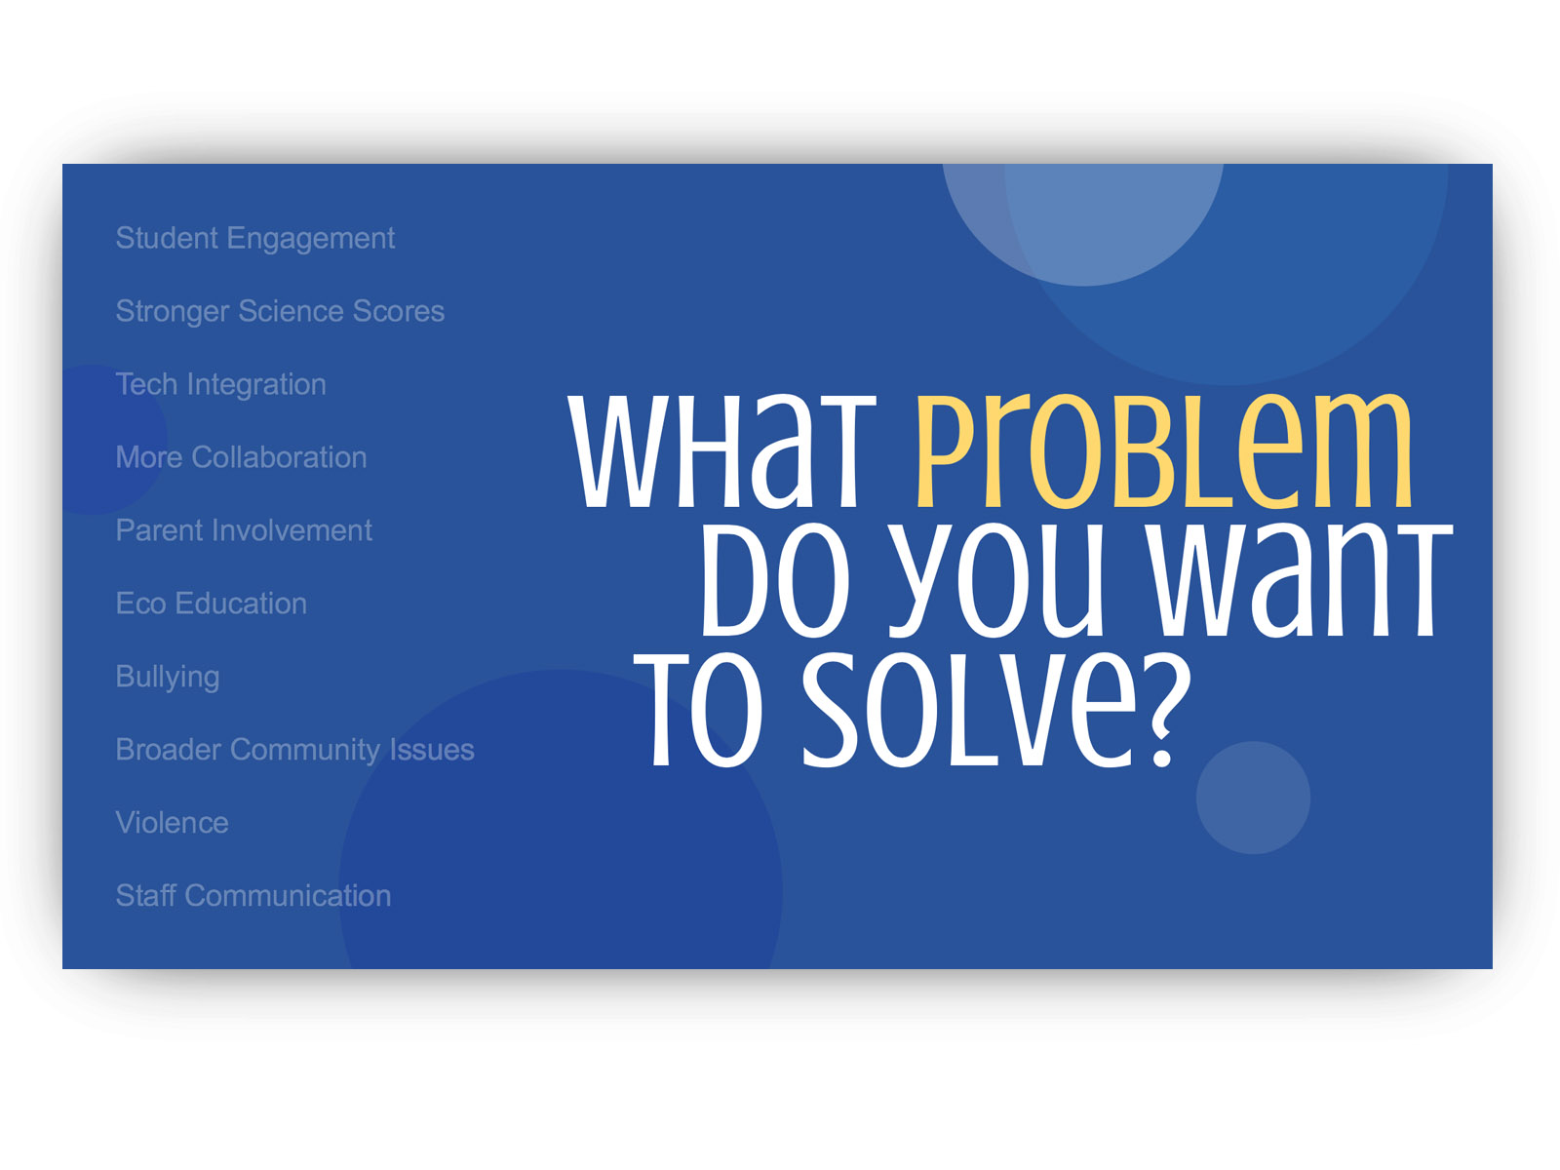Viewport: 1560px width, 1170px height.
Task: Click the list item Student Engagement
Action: [254, 239]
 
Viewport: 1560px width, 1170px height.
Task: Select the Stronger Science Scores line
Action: [280, 311]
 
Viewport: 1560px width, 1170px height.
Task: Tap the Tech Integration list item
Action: [221, 384]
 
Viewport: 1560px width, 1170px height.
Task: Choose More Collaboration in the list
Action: [241, 457]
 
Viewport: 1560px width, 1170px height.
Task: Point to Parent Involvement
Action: [244, 530]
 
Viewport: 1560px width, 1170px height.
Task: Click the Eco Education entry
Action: [211, 604]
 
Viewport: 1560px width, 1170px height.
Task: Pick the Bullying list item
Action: [168, 678]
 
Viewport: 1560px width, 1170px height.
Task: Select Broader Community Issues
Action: [295, 751]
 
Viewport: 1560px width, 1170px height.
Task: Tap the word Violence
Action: [172, 823]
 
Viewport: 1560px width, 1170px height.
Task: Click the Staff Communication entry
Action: [253, 896]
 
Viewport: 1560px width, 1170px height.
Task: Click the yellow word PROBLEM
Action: [1163, 449]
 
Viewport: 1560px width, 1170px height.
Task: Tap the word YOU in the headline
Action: [995, 581]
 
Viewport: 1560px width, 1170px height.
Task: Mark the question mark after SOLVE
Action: [1165, 711]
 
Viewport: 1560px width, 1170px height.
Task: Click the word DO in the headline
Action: [775, 579]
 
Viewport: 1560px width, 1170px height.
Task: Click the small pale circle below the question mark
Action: [1253, 798]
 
